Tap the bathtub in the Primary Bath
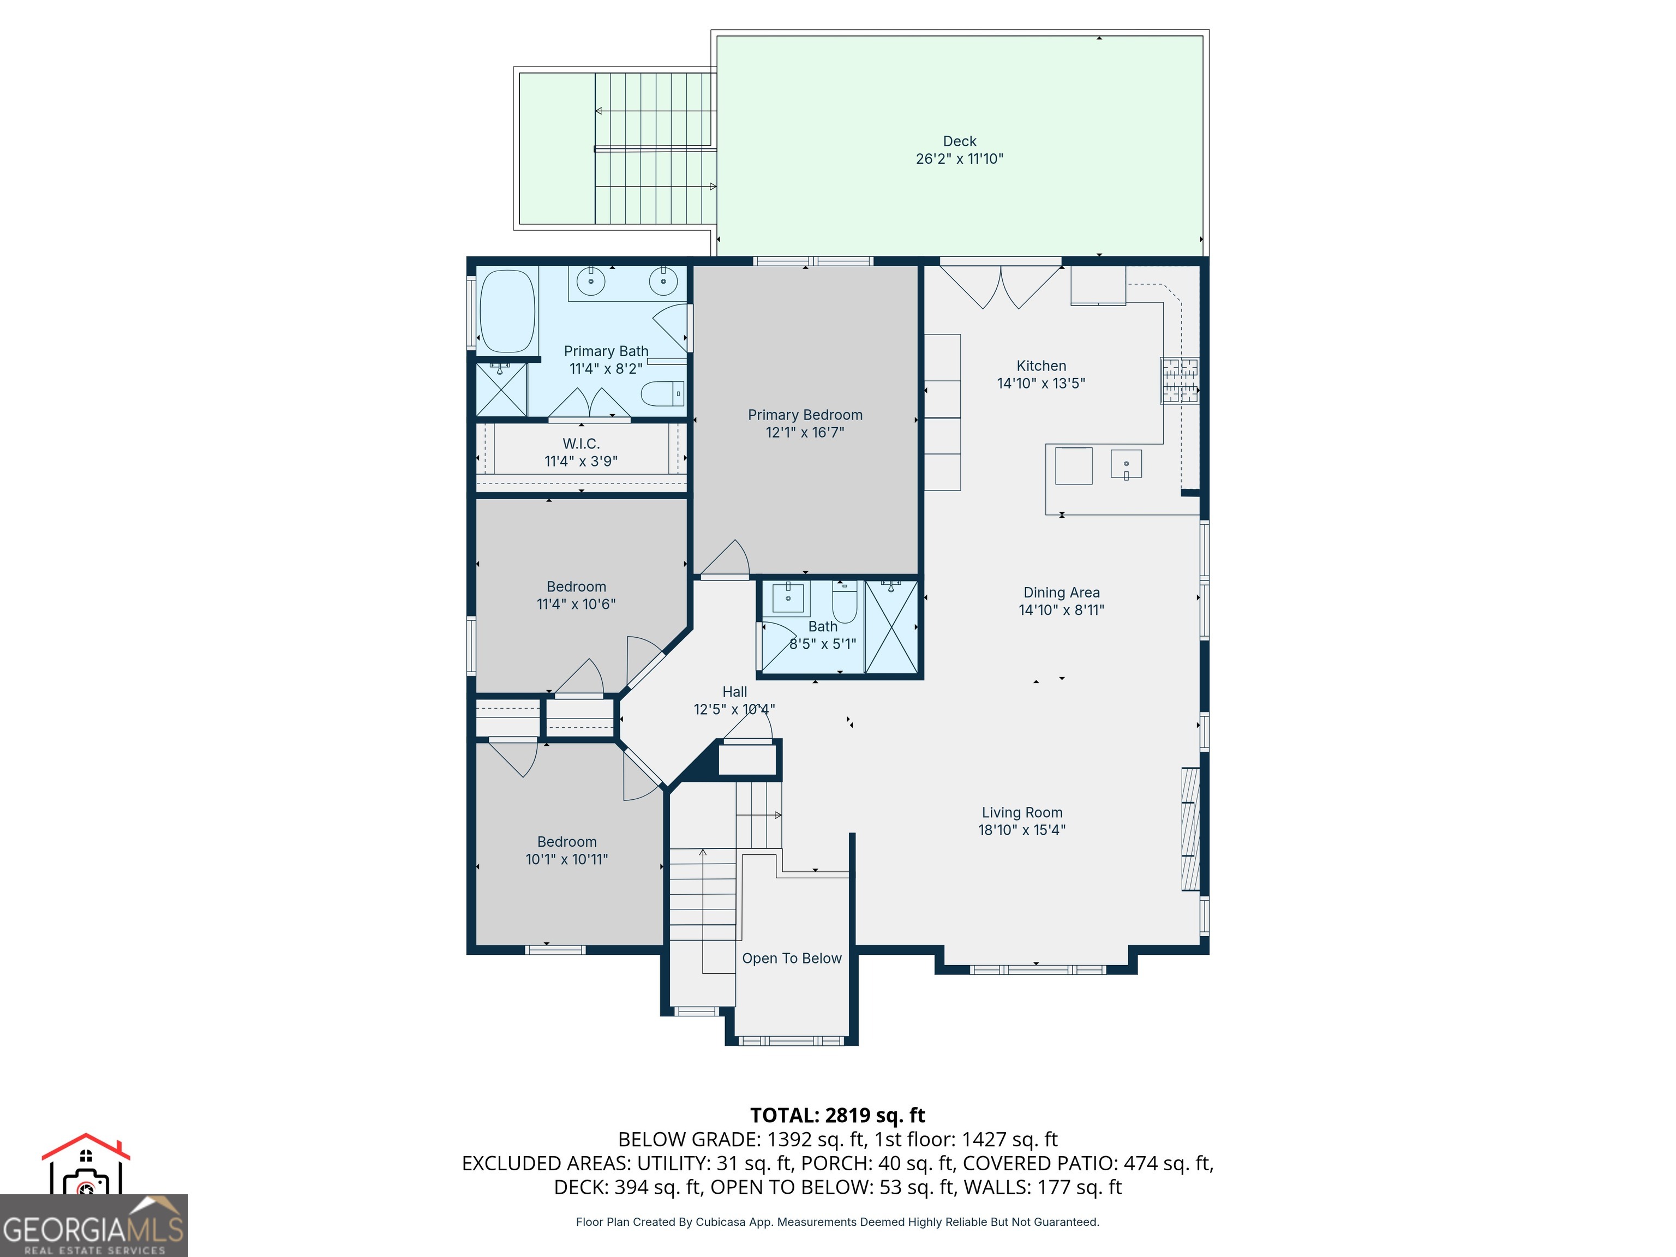click(507, 312)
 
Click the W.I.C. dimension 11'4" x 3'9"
click(581, 460)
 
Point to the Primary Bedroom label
click(805, 415)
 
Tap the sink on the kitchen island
click(1126, 464)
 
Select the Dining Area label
click(1061, 592)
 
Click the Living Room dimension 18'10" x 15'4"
click(1021, 830)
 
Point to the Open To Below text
click(791, 959)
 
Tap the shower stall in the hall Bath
click(891, 627)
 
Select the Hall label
click(734, 692)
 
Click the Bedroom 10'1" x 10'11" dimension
click(567, 859)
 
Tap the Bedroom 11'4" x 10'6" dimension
click(576, 604)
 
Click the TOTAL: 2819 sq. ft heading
click(837, 1115)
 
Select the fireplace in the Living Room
click(1190, 829)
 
